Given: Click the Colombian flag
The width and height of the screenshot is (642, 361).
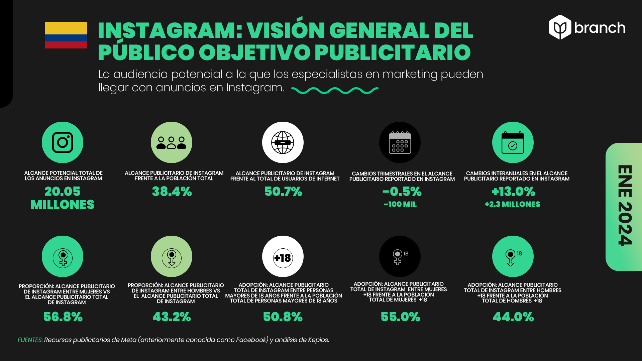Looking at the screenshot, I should [66, 35].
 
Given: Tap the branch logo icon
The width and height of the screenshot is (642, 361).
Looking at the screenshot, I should [560, 27].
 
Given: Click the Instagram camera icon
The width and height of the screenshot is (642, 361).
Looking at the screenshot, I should [63, 142].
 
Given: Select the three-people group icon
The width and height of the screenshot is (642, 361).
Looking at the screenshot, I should [172, 142].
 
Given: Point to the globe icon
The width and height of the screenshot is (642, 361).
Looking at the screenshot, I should [283, 142].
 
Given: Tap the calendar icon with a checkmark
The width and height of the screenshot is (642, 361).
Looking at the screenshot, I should [513, 142].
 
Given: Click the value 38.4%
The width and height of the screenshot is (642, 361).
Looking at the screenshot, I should [172, 192].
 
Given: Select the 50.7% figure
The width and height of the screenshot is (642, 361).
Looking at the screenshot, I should [283, 192].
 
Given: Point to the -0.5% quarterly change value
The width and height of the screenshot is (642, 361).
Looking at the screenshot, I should [402, 192].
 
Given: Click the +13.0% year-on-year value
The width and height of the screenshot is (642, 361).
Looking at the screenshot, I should [513, 192].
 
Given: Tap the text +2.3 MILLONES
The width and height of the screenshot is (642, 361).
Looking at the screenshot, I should [513, 204].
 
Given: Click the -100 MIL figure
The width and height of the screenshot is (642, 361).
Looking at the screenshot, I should [400, 204].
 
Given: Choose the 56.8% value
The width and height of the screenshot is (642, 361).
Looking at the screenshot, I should [63, 317].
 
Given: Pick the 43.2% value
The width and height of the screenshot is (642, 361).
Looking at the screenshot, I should [172, 317].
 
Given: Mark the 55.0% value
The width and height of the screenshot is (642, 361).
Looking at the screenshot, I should [401, 317].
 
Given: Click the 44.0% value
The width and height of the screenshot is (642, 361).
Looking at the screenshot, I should [513, 317].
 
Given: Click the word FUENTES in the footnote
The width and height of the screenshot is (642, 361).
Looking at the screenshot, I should [30, 340].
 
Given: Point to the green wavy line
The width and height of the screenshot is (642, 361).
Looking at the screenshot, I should [335, 90].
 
